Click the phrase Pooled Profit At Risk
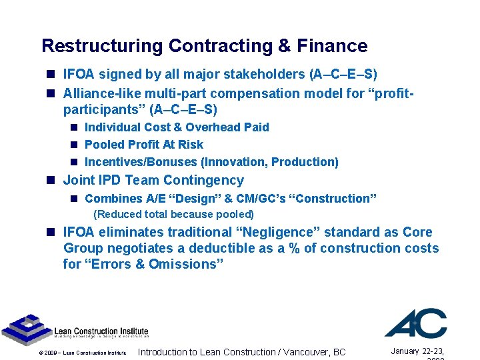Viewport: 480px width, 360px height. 144,145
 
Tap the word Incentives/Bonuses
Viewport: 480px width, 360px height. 141,162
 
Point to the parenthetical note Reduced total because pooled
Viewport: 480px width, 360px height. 173,215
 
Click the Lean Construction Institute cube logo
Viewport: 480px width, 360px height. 23,328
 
